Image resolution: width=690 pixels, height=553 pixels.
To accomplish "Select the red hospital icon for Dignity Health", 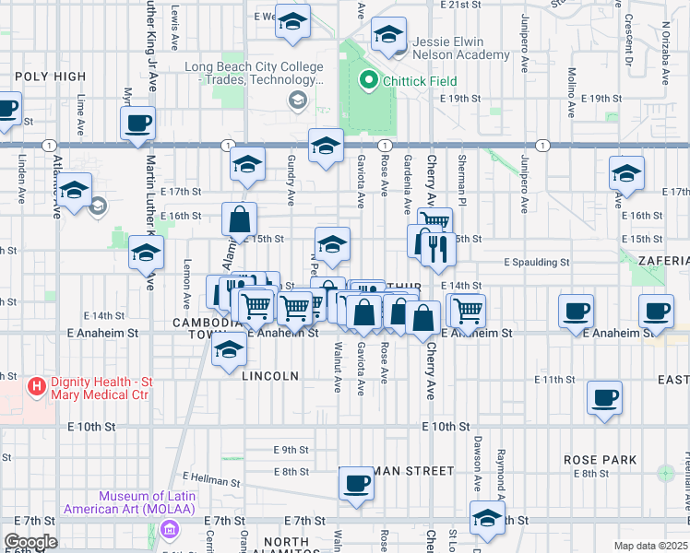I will (37, 385).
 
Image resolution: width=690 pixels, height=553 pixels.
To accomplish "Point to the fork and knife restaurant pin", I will (438, 248).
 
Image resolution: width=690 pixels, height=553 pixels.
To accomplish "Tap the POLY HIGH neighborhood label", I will (50, 76).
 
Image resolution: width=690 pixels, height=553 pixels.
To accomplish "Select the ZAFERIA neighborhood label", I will (662, 261).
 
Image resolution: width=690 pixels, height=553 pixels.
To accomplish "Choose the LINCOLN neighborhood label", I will (270, 376).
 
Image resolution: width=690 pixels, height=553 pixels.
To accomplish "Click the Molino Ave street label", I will (572, 90).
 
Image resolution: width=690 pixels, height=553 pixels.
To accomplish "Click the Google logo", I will (30, 542).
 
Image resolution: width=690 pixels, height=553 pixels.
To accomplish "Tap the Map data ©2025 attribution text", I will (649, 546).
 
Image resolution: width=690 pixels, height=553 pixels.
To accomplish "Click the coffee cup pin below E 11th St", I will (605, 397).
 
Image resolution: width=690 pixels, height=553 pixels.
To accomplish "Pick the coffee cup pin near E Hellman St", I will (356, 484).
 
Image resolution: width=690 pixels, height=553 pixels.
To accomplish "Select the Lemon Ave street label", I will (187, 284).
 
